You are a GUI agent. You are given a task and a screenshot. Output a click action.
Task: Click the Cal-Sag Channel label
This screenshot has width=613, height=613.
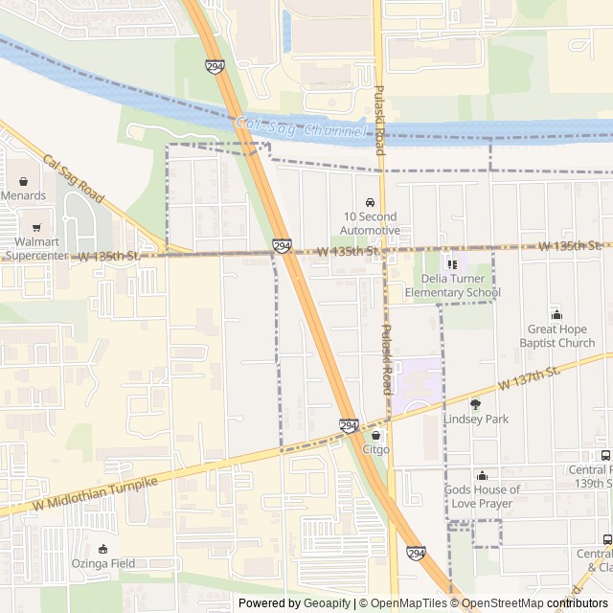click(x=301, y=127)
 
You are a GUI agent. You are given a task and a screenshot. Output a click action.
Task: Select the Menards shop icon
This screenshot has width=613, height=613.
click(x=23, y=181)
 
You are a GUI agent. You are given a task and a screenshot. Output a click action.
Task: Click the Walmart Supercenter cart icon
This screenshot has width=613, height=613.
click(x=36, y=228)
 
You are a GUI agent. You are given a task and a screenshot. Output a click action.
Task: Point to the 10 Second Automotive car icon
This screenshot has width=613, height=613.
click(x=371, y=202)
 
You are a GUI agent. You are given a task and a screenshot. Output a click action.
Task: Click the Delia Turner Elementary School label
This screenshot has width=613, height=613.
click(x=452, y=285)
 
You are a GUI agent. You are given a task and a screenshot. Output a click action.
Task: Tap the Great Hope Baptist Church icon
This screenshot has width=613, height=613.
click(x=557, y=315)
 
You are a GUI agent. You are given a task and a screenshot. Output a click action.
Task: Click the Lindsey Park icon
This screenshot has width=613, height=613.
click(x=475, y=404)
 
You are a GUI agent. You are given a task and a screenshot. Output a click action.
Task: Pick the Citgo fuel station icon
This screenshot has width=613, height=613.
click(x=375, y=435)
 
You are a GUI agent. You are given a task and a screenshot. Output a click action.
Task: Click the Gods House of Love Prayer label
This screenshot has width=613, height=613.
click(x=482, y=496)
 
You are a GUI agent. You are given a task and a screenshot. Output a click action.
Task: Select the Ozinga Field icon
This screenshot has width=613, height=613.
click(x=102, y=549)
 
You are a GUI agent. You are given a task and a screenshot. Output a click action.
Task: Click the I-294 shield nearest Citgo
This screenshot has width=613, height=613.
click(x=349, y=424)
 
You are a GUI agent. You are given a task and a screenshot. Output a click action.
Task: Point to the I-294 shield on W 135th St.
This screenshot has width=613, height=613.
click(x=282, y=246)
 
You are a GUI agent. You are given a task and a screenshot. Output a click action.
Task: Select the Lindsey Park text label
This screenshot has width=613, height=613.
click(x=475, y=420)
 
